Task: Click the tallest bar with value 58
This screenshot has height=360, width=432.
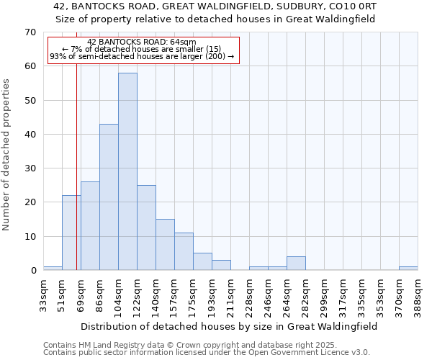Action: [x=127, y=171]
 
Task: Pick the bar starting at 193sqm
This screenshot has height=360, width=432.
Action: [x=221, y=265]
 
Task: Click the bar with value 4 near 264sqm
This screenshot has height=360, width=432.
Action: [x=296, y=264]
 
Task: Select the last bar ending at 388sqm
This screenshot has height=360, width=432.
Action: [x=408, y=269]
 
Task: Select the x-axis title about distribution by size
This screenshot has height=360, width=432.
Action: [x=229, y=326]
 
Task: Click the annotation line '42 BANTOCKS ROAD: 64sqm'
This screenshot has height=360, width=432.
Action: [x=141, y=42]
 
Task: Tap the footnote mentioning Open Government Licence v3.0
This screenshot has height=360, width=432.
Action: [x=207, y=353]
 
